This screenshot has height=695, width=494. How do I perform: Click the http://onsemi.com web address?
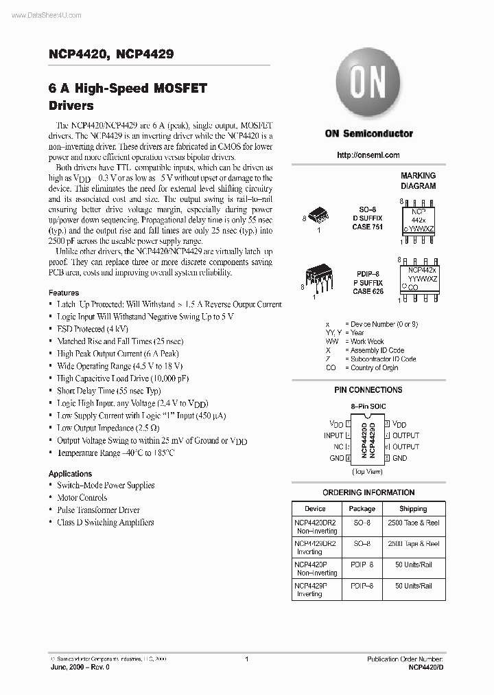point(368,155)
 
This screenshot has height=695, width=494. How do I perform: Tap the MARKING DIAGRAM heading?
point(418,181)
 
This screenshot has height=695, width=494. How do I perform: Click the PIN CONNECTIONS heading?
point(368,390)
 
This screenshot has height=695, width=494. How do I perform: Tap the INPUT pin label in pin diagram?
point(333,435)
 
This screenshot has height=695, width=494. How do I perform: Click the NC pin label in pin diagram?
point(338,446)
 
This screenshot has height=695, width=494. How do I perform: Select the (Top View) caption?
point(368,471)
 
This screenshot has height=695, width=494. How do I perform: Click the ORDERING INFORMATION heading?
point(368,492)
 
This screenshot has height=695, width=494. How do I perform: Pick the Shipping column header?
point(413,509)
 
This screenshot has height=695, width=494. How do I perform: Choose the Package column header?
point(362,509)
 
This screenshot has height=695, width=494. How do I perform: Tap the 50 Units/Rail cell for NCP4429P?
point(413,586)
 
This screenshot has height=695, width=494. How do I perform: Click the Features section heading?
point(64,293)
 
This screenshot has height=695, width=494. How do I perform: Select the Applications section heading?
point(70,474)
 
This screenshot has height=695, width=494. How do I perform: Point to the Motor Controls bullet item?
point(82,498)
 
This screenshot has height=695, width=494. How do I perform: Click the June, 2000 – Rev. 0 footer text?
point(80,667)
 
